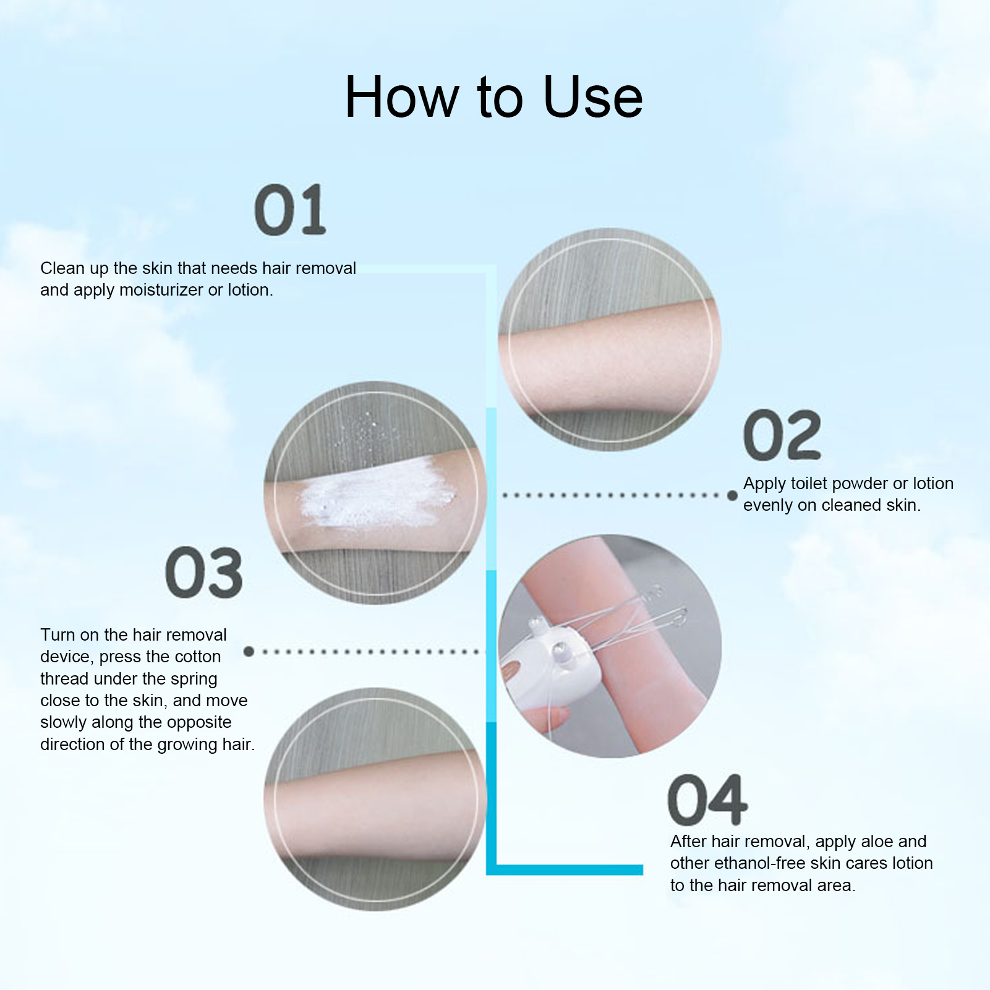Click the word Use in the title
click(593, 97)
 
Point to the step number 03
click(204, 573)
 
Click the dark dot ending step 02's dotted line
click(732, 495)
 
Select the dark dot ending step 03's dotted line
click(249, 651)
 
